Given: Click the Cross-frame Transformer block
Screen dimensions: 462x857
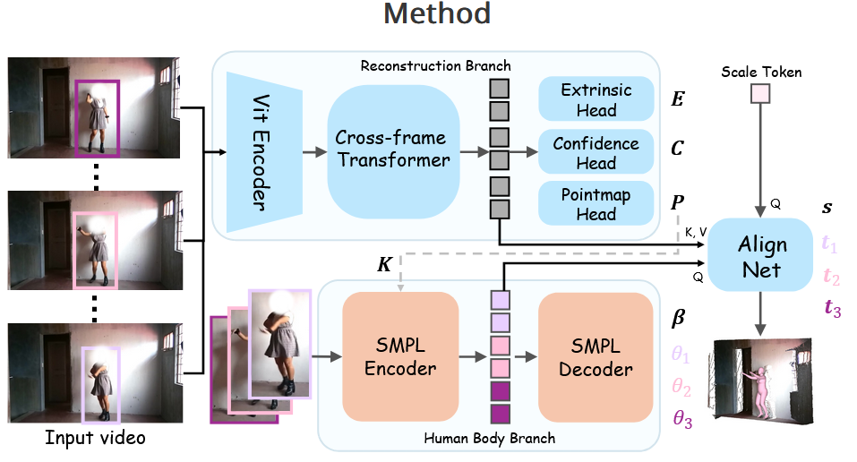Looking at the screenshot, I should click(x=392, y=150).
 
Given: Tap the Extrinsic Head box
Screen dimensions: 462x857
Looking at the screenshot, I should click(x=596, y=100).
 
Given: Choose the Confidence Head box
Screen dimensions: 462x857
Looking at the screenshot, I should click(x=596, y=153).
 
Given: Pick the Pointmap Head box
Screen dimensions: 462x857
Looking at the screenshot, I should click(x=596, y=204).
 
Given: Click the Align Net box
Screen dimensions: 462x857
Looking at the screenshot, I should click(x=762, y=256).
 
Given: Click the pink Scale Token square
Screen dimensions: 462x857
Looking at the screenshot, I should click(x=761, y=92).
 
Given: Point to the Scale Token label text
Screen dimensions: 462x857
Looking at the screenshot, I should click(x=761, y=71).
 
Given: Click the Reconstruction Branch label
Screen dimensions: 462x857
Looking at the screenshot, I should click(x=435, y=65).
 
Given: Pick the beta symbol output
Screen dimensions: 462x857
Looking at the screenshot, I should click(x=679, y=318).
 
